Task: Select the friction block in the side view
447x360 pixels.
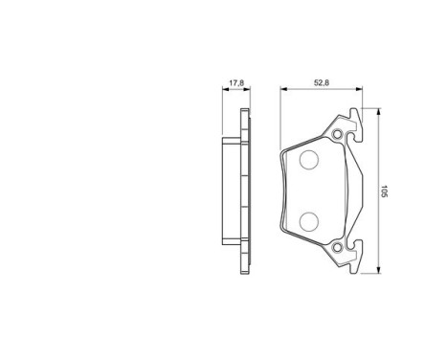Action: click(230, 191)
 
